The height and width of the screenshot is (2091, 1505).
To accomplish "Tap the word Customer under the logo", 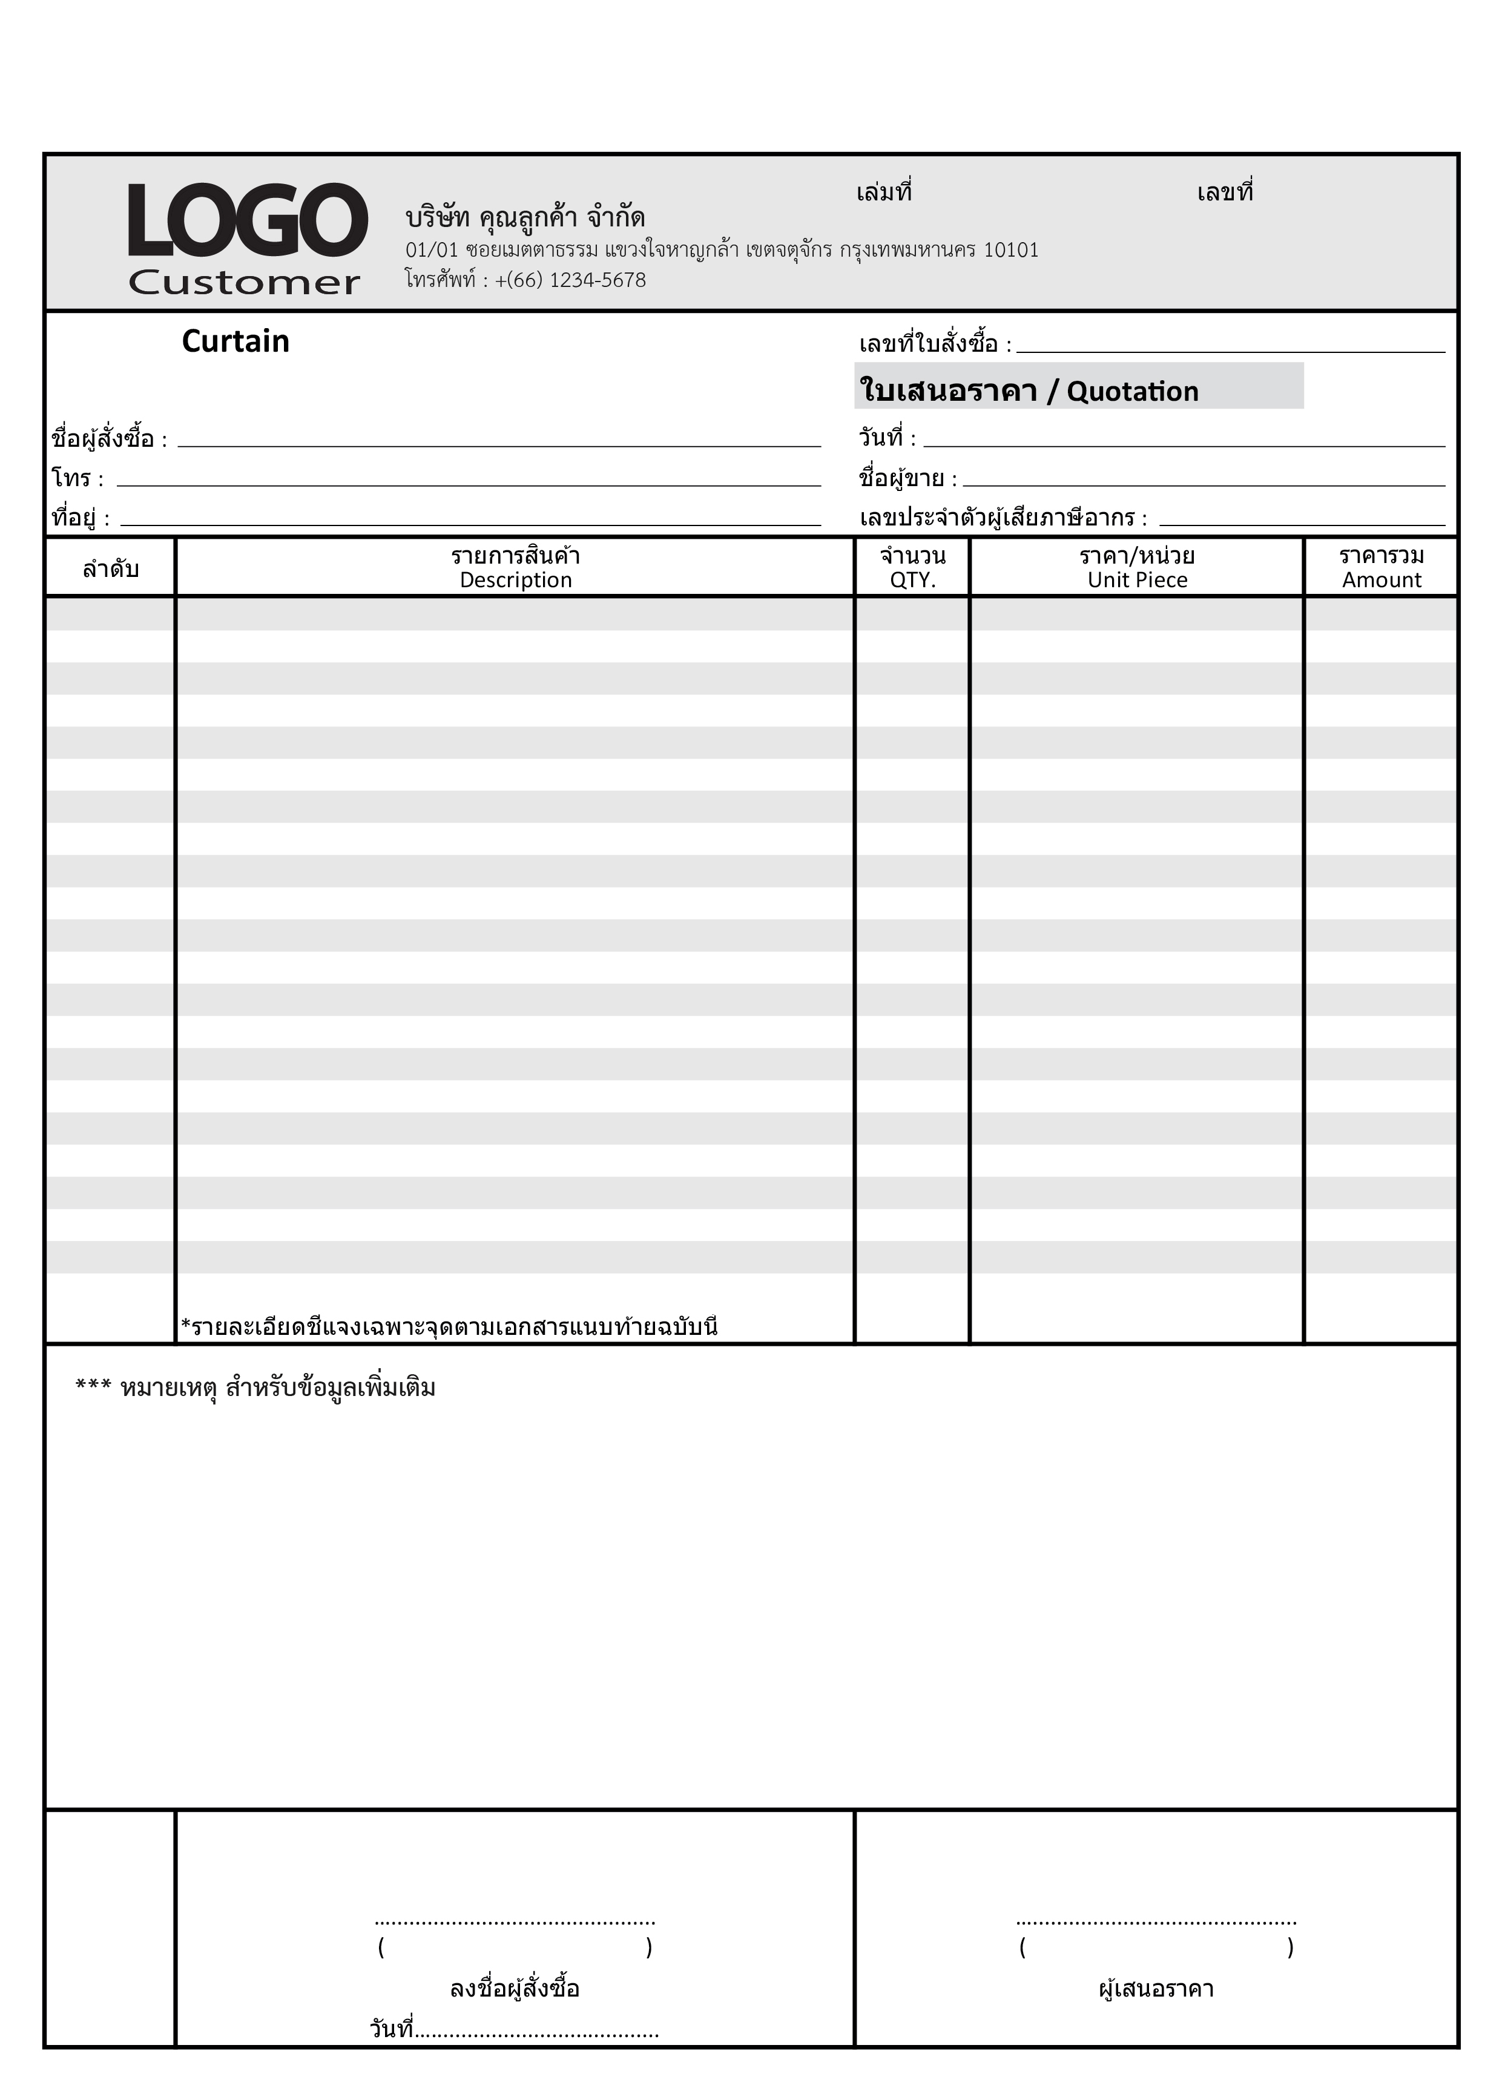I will coord(245,283).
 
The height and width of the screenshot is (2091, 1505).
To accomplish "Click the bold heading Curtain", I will coord(235,341).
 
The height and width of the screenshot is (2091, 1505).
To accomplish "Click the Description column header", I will coord(516,580).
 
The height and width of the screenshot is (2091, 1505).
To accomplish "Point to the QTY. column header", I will coord(912,580).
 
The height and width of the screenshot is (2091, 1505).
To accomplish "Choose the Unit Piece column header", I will coord(1137,580).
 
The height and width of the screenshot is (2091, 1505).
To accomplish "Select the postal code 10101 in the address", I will coord(1011,250).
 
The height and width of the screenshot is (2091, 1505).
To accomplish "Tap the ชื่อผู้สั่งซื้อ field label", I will coord(104,439).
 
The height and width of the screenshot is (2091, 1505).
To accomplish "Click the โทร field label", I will coord(72,478).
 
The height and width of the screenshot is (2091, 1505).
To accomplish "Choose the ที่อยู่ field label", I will coord(74,518).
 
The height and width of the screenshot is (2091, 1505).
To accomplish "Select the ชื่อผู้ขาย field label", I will coord(902,478).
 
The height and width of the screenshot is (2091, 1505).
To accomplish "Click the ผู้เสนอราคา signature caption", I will coord(1156,1989).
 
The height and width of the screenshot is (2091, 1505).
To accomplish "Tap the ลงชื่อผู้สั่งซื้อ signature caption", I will coord(515,1989).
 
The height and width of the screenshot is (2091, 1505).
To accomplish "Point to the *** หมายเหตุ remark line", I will coord(255,1389).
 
